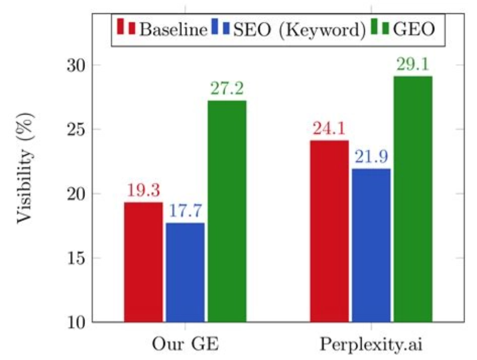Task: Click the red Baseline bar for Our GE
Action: [x=144, y=262]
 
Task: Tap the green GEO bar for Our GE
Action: [x=227, y=211]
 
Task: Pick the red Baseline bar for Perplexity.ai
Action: [x=329, y=231]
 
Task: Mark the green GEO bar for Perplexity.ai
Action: [x=413, y=199]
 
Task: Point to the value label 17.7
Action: [x=186, y=212]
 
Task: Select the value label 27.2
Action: [x=227, y=89]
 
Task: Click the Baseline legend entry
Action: [x=162, y=29]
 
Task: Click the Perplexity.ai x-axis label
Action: [x=370, y=344]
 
